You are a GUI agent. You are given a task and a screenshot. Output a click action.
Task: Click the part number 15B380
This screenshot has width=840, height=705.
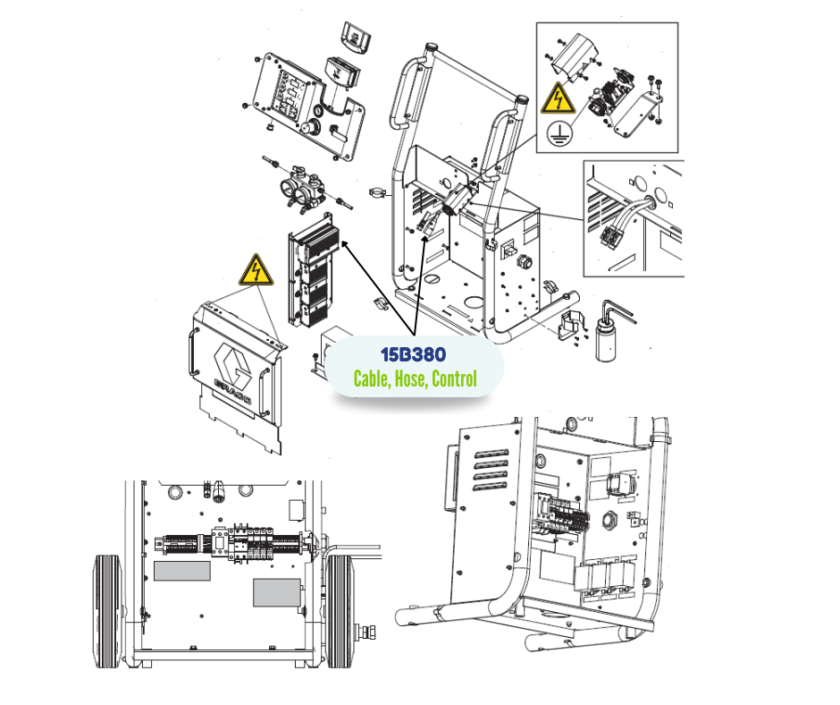(x=413, y=354)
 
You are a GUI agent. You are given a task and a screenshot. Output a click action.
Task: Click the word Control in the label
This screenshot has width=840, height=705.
(x=454, y=378)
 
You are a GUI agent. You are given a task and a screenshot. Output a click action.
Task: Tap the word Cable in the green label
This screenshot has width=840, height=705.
(x=371, y=378)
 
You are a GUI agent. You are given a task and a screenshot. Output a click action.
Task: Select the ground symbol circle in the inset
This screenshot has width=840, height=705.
(x=559, y=134)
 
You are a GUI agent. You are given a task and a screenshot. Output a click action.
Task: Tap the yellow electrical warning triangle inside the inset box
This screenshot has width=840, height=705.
(x=558, y=98)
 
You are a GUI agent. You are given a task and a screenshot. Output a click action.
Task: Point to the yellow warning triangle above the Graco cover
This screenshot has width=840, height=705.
(x=256, y=270)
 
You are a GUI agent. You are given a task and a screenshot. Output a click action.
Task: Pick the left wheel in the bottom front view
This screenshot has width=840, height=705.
(x=107, y=611)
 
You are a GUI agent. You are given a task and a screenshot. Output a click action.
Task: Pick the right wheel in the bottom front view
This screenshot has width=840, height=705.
(x=340, y=611)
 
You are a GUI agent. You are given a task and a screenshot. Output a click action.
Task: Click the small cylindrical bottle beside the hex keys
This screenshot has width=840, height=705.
(x=606, y=340)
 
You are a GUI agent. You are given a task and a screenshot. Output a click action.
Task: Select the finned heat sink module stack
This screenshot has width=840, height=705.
(x=314, y=270)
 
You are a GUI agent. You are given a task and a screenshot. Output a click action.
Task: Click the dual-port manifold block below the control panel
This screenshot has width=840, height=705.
(x=303, y=190)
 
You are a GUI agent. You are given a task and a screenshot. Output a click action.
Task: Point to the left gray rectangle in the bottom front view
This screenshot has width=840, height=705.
(x=182, y=571)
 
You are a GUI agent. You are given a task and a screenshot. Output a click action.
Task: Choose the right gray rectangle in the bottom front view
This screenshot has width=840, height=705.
(x=276, y=593)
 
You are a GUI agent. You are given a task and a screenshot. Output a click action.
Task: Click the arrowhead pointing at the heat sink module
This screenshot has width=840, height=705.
(x=345, y=245)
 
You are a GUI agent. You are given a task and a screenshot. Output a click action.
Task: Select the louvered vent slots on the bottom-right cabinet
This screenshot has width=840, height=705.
(x=491, y=470)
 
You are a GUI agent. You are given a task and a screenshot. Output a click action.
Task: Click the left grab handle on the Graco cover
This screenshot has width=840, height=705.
(x=191, y=353)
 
